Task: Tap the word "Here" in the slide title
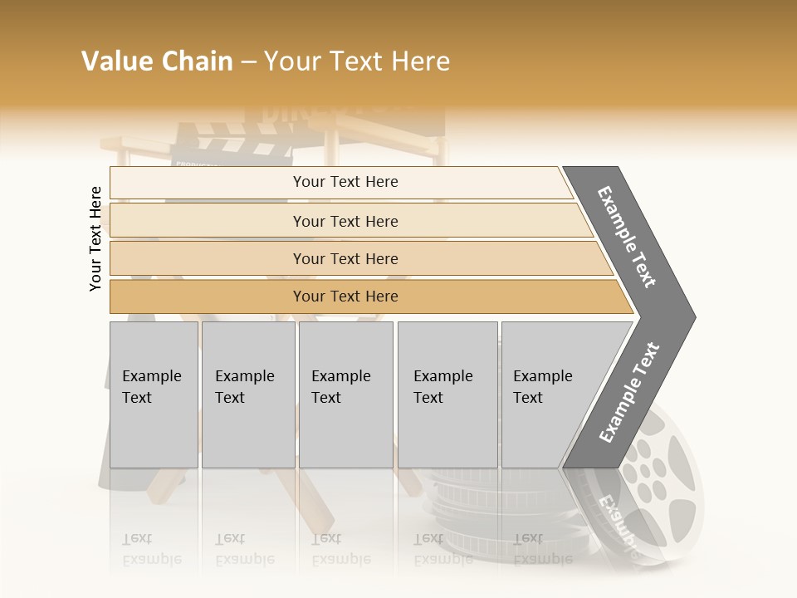[420, 61]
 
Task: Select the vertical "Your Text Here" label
[95, 238]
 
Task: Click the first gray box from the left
[154, 395]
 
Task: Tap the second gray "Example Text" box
[248, 395]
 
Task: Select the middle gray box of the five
[345, 395]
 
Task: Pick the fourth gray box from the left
[447, 395]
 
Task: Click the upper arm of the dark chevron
[628, 237]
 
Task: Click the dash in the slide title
[248, 62]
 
